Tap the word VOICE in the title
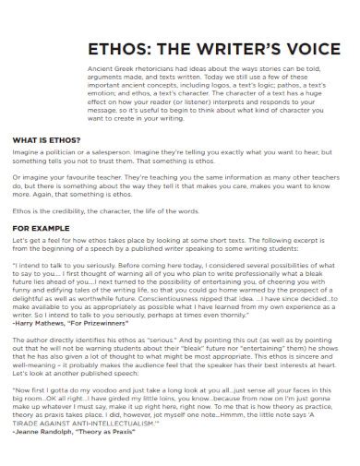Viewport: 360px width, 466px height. tap(303, 50)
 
